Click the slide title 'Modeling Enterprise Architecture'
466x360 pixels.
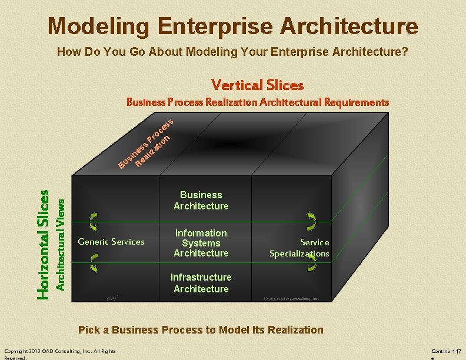tap(233, 26)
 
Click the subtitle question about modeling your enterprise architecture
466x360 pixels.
tap(232, 52)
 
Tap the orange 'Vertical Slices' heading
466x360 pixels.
tap(257, 85)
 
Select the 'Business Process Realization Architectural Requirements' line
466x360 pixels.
tap(258, 102)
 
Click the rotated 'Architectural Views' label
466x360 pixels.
tap(59, 242)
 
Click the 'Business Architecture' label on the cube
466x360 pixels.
tap(201, 200)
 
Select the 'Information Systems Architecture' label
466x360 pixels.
tap(201, 243)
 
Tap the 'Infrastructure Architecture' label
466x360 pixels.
tap(201, 283)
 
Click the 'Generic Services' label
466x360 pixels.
tap(111, 242)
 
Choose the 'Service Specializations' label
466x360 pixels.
tap(299, 248)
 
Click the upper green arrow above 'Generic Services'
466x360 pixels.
tap(92, 221)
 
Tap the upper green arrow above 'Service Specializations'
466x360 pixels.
tap(311, 221)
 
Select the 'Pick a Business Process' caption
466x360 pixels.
tap(201, 329)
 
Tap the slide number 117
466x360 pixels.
tap(457, 351)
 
